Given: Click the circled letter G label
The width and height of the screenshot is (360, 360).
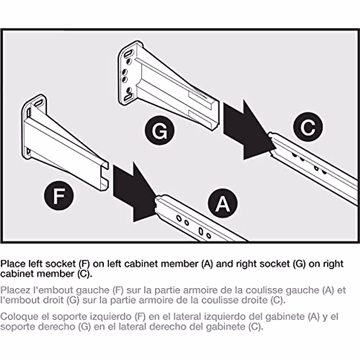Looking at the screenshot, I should click(160, 131).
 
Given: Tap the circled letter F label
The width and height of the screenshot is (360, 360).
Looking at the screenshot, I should click(59, 195).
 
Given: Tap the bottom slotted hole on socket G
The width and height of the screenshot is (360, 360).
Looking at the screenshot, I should click(128, 97).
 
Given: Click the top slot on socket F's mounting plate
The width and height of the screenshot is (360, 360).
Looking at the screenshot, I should click(38, 103).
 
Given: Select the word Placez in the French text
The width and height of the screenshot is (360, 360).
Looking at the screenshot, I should click(15, 290).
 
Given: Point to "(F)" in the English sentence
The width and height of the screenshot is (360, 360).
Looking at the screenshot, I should click(84, 264).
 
